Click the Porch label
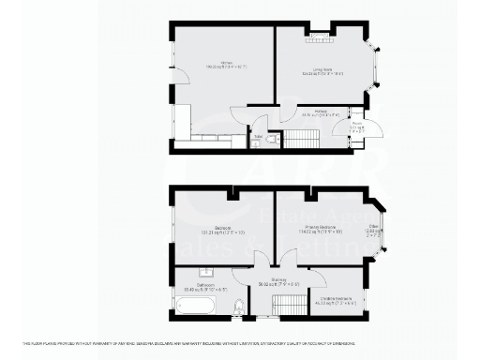point(358,126)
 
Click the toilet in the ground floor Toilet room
point(269,140)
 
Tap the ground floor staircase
point(301,140)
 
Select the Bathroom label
point(201,288)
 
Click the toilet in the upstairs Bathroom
point(239,306)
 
